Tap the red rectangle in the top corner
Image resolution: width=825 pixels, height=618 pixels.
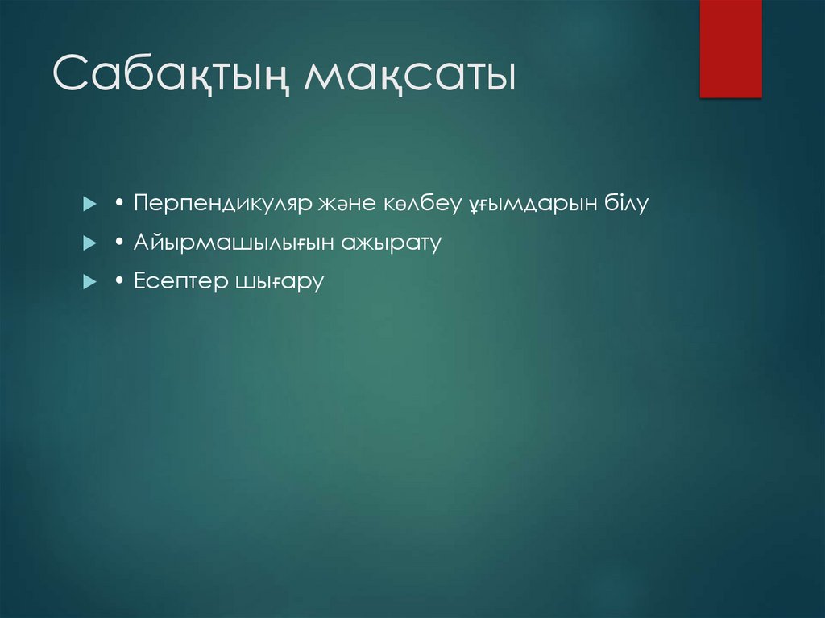click(730, 48)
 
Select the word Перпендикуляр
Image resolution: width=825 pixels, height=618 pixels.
click(217, 204)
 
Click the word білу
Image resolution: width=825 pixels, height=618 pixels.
click(626, 203)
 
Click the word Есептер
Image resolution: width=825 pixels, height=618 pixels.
click(180, 282)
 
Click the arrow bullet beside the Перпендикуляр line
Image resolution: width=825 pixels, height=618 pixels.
click(89, 204)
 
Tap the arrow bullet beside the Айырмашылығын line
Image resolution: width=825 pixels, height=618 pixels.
click(89, 243)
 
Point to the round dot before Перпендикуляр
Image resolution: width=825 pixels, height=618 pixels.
click(118, 204)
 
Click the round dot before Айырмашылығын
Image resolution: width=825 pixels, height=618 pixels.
click(118, 243)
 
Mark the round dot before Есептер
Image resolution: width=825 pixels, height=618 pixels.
click(118, 282)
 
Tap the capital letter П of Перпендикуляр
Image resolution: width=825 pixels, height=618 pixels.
click(143, 203)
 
